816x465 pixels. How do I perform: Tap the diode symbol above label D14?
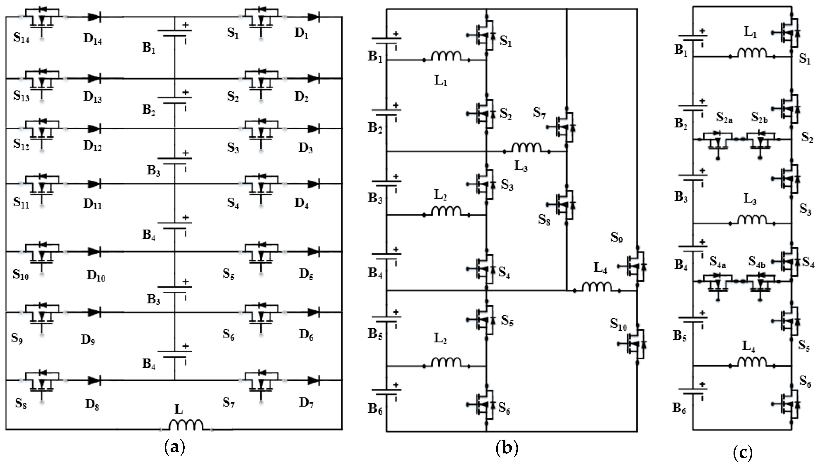click(x=94, y=17)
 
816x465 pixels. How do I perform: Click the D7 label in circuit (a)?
click(x=306, y=403)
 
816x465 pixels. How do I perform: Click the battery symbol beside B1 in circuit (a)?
click(x=175, y=33)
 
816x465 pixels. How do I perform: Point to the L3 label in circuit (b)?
click(x=521, y=166)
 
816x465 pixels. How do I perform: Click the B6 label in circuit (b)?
click(x=375, y=409)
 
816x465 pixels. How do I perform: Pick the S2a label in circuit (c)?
click(x=724, y=118)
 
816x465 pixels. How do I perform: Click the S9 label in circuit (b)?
click(x=616, y=238)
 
